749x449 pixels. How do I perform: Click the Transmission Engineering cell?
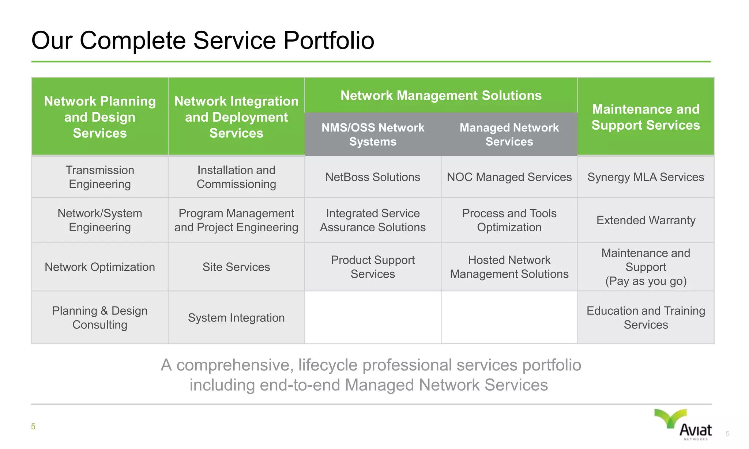[x=99, y=177]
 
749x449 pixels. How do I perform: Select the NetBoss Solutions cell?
[x=373, y=177]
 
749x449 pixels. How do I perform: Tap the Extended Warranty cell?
[x=646, y=220]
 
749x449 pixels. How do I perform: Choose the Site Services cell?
[x=236, y=267]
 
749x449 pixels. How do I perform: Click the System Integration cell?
[x=236, y=318]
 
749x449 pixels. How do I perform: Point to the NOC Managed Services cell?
[x=509, y=177]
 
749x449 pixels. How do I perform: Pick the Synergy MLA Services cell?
[x=646, y=177]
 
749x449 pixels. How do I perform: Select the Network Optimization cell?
[x=99, y=267]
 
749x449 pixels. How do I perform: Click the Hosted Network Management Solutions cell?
[x=509, y=267]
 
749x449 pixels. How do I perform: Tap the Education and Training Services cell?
[x=646, y=318]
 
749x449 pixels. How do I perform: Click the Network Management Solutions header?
[x=441, y=95]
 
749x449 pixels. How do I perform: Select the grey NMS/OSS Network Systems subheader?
[x=373, y=134]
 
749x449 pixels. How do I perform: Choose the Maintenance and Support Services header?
[x=646, y=117]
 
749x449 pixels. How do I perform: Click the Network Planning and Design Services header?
[x=99, y=117]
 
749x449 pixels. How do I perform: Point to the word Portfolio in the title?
[x=329, y=40]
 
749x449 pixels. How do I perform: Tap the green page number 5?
[x=33, y=427]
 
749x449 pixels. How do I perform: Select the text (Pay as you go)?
[x=646, y=281]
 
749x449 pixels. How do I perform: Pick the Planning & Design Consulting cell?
[x=99, y=318]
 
